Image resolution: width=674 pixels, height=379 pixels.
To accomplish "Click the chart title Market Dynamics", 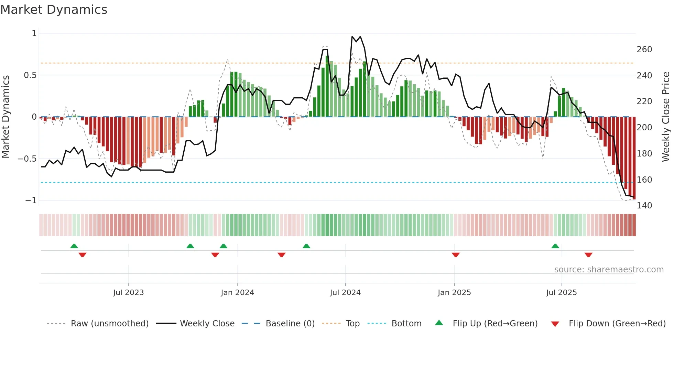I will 54,10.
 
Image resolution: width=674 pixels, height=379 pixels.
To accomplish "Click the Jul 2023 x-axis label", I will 128,293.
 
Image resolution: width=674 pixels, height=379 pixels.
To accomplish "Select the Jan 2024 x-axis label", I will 237,293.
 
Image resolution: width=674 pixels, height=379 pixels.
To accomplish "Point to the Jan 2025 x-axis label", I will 454,293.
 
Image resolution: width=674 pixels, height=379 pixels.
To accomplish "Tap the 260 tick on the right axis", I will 644,50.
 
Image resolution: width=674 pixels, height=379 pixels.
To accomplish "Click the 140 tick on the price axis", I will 644,206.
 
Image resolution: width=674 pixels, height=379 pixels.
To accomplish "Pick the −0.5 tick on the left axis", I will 27,159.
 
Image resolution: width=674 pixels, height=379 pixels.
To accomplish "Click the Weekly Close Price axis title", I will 666,117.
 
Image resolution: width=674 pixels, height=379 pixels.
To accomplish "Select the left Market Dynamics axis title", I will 6,117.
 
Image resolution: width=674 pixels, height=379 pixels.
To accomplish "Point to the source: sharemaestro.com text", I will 609,270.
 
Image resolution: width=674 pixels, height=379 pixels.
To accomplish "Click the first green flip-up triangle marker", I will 74,246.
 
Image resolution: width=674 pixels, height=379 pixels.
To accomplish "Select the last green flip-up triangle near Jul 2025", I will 555,246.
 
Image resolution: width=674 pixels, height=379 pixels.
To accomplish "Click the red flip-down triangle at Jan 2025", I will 456,255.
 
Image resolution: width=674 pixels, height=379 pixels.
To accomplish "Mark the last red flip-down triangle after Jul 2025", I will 588,255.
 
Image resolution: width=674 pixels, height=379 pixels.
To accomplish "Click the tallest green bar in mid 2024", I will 327,86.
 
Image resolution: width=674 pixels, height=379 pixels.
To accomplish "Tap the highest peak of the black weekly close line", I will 352,37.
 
